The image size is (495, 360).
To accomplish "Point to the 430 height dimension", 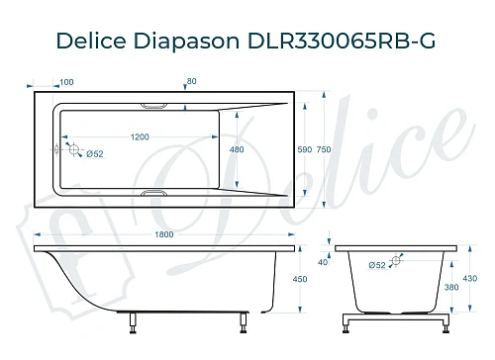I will click(471, 280).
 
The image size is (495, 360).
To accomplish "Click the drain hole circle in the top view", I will click(71, 150).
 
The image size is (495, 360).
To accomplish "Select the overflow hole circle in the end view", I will click(396, 262).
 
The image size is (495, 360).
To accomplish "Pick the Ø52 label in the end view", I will click(376, 264).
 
